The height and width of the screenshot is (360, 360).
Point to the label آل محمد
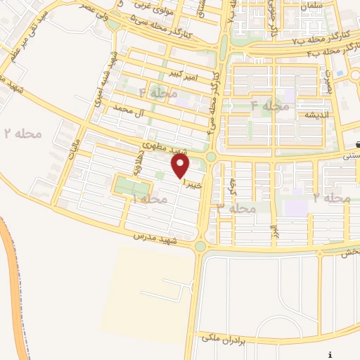(134, 111)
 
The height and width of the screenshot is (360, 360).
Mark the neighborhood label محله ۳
(236, 208)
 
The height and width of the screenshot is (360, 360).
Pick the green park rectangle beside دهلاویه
(131, 188)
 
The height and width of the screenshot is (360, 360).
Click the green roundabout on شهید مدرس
(200, 246)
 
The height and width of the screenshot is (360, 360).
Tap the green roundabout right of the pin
(210, 156)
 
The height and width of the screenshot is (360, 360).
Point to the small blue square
(340, 72)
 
